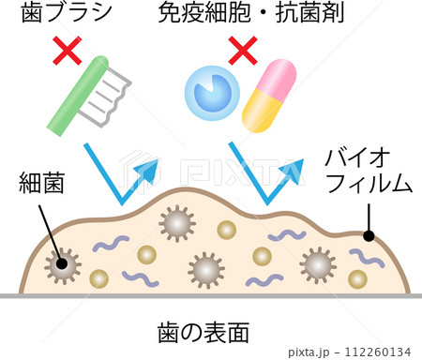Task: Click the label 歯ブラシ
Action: (67, 12)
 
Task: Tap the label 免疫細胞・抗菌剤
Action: (251, 12)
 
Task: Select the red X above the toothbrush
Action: (68, 51)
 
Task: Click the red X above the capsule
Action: (243, 51)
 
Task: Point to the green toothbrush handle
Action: (78, 96)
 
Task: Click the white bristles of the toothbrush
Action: (106, 99)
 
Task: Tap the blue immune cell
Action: (212, 93)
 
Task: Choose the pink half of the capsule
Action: (277, 78)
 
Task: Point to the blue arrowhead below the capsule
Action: (292, 171)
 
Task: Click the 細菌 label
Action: (41, 183)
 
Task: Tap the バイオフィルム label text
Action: (368, 171)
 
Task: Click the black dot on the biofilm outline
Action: (369, 236)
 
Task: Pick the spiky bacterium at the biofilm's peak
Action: (177, 223)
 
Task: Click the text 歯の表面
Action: (203, 333)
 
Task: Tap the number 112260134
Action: (377, 352)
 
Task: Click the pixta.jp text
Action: (309, 352)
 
